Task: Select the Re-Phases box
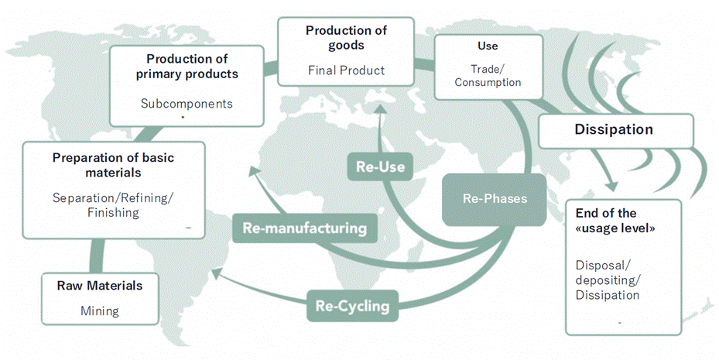[x=495, y=199]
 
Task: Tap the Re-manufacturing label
[x=304, y=228]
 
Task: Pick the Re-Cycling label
[x=352, y=305]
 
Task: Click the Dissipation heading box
[x=614, y=130]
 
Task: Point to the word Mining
[x=100, y=311]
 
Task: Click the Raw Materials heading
[x=100, y=286]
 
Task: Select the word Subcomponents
[x=187, y=103]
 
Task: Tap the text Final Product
[x=346, y=70]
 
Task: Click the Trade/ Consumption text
[x=488, y=75]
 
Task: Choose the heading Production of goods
[x=346, y=38]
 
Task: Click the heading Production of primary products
[x=187, y=67]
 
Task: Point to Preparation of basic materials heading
[x=113, y=165]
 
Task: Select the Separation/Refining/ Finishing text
[x=113, y=204]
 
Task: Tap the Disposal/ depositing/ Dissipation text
[x=608, y=279]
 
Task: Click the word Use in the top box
[x=488, y=46]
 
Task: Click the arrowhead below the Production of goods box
[x=378, y=111]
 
